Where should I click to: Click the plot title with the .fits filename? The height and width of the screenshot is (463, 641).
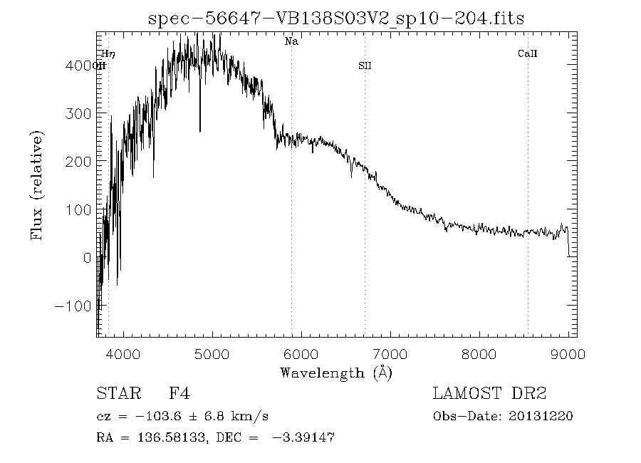tap(336, 19)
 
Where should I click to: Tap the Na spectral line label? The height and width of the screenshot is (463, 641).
tap(291, 41)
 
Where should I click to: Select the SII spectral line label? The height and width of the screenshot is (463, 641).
tap(365, 66)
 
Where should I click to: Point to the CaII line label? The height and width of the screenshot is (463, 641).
tap(527, 53)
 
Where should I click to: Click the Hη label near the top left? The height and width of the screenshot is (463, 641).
tap(108, 53)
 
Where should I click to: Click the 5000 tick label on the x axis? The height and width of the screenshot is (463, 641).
tap(212, 354)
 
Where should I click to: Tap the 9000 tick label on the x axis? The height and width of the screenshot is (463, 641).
tap(568, 354)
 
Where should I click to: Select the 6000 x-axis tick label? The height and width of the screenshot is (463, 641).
tap(301, 354)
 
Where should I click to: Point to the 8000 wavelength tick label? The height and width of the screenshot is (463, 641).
tap(479, 354)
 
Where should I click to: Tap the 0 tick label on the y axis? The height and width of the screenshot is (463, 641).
tap(88, 258)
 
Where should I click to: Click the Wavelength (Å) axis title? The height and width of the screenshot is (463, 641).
tap(336, 373)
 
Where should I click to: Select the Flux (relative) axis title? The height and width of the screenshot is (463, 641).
tap(37, 185)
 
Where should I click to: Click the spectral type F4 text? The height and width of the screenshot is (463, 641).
tap(179, 393)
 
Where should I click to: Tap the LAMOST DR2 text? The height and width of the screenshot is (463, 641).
tap(489, 393)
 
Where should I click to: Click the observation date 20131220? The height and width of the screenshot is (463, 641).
tap(541, 417)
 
